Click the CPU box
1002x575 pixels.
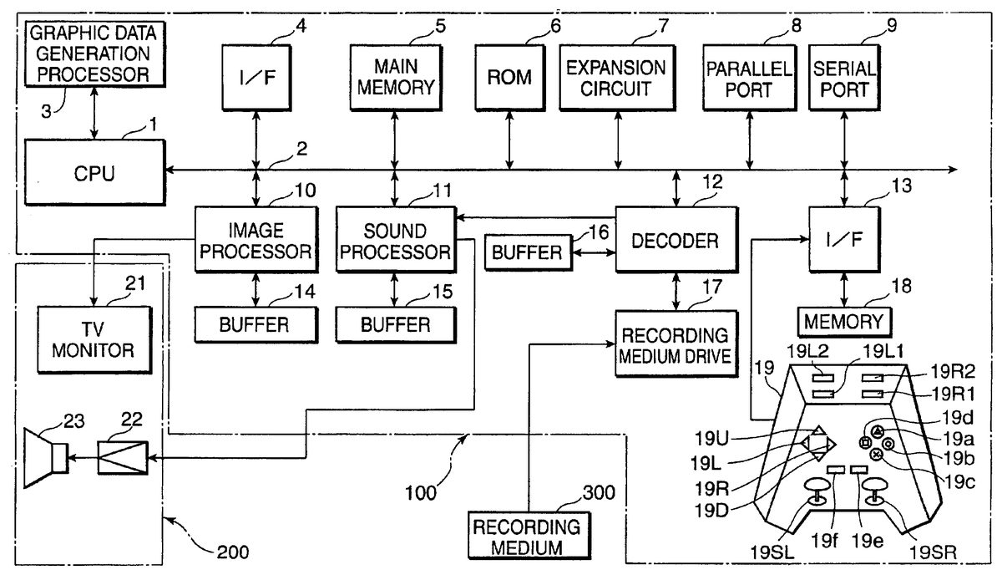tap(94, 174)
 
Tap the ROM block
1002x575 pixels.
tap(509, 78)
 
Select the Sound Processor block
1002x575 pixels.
tap(394, 241)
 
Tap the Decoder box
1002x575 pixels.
tap(675, 241)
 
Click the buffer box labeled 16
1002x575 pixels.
tap(526, 252)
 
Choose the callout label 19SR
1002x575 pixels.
tap(934, 552)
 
